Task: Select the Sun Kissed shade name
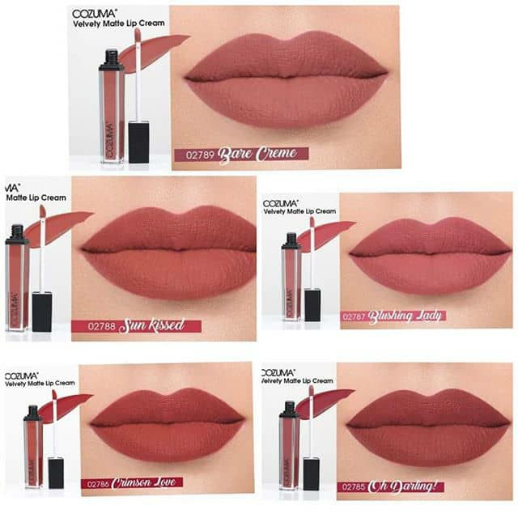[x=152, y=326]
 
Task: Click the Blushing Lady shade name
[x=405, y=316]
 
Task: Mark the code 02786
[x=97, y=483]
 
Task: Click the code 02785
[x=354, y=487]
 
